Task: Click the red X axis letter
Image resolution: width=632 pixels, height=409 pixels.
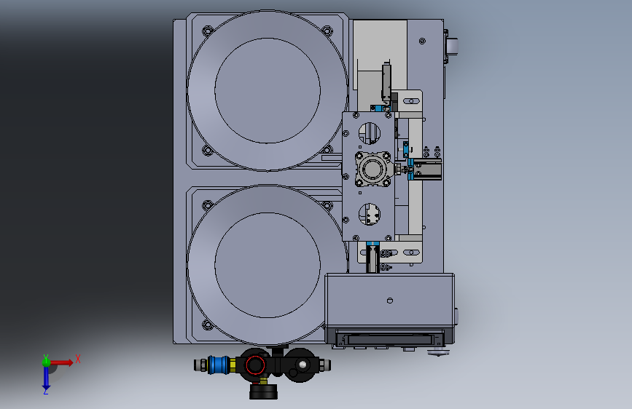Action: tap(78, 359)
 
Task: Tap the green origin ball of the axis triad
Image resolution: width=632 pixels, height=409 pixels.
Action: tap(46, 362)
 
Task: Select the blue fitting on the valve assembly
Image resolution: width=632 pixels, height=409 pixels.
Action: tap(218, 365)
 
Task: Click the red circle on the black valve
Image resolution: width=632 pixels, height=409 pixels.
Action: tap(255, 365)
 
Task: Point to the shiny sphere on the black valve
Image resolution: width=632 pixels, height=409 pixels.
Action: tap(303, 365)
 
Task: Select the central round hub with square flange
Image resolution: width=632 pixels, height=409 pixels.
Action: tap(372, 169)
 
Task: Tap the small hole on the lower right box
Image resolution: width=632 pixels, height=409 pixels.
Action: tap(390, 301)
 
